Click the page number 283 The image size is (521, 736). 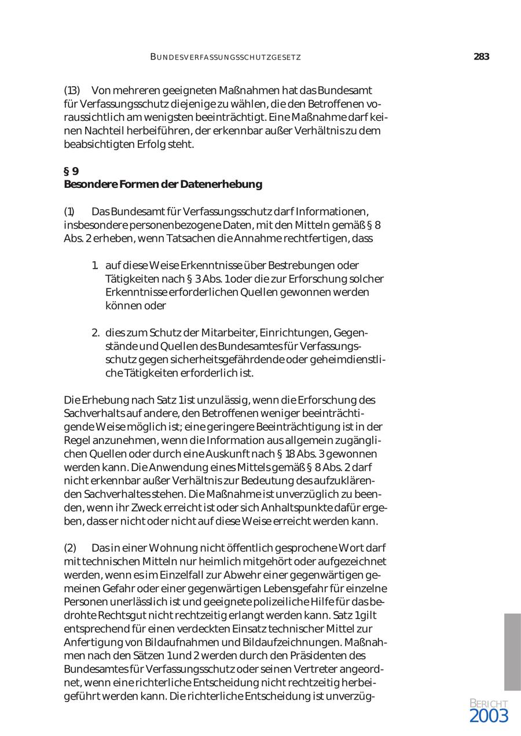click(481, 57)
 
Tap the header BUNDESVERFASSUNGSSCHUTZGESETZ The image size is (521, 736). click(225, 57)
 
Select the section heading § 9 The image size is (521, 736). click(71, 171)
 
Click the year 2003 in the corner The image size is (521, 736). click(489, 716)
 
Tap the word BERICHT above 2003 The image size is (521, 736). click(489, 704)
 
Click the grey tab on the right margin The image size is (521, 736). click(512, 652)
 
